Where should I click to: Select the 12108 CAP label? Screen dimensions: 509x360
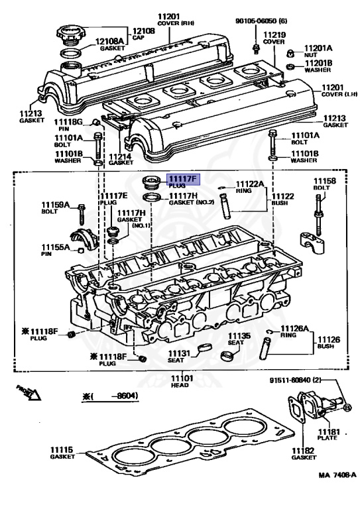point(143,34)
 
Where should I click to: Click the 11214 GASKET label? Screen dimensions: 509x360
point(121,159)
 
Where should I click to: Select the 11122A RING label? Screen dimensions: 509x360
point(250,187)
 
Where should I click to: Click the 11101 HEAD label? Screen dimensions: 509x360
point(182,381)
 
